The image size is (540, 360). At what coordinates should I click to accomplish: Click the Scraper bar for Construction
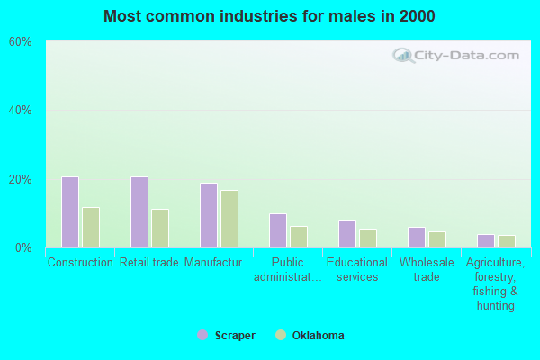click(x=70, y=212)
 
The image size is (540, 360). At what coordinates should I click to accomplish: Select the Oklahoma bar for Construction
click(x=91, y=228)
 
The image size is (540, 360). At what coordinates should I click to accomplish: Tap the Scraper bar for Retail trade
click(x=139, y=212)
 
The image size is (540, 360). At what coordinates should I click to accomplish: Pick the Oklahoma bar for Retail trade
click(x=160, y=229)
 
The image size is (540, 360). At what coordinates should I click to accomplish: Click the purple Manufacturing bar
click(x=209, y=215)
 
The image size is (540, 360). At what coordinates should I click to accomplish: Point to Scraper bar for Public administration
click(x=278, y=230)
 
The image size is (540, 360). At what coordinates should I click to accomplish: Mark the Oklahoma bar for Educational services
click(x=368, y=238)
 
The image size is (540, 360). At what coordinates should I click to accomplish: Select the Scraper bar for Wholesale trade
click(x=417, y=238)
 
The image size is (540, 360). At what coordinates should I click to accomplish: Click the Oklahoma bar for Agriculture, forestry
click(x=507, y=241)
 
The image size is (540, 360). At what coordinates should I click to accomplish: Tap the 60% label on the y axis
click(x=21, y=41)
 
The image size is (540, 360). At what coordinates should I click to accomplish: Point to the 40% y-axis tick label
click(x=21, y=111)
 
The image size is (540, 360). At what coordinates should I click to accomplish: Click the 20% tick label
click(x=21, y=179)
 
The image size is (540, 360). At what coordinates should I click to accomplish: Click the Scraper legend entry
click(x=227, y=336)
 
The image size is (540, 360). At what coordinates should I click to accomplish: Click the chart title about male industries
click(x=269, y=16)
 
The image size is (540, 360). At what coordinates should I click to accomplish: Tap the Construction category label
click(x=80, y=263)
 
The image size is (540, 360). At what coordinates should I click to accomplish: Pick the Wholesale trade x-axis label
click(x=427, y=270)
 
